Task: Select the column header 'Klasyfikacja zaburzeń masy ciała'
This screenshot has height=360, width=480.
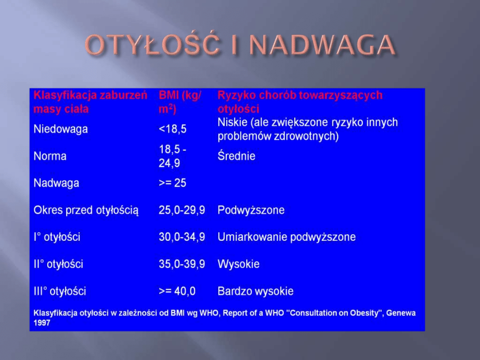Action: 90,102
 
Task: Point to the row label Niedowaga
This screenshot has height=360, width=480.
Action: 61,129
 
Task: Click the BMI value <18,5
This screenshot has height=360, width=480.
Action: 172,129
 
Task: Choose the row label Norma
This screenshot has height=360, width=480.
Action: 50,156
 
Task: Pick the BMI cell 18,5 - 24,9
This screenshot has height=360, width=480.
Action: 172,156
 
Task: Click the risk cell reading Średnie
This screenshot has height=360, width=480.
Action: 236,156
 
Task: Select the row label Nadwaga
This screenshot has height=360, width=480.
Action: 56,183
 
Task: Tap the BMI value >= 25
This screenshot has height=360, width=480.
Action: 172,183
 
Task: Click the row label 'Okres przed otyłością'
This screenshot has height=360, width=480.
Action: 86,210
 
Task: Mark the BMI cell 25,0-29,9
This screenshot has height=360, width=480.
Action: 182,210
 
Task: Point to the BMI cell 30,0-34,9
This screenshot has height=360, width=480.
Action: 182,237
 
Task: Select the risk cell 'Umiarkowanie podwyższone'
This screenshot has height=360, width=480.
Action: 287,237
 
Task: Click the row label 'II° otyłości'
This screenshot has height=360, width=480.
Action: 58,264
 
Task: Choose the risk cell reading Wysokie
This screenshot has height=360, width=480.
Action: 239,264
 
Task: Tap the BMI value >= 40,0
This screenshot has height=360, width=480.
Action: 177,291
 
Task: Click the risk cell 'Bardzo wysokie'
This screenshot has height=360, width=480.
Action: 256,291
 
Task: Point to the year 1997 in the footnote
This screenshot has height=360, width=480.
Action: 42,323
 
